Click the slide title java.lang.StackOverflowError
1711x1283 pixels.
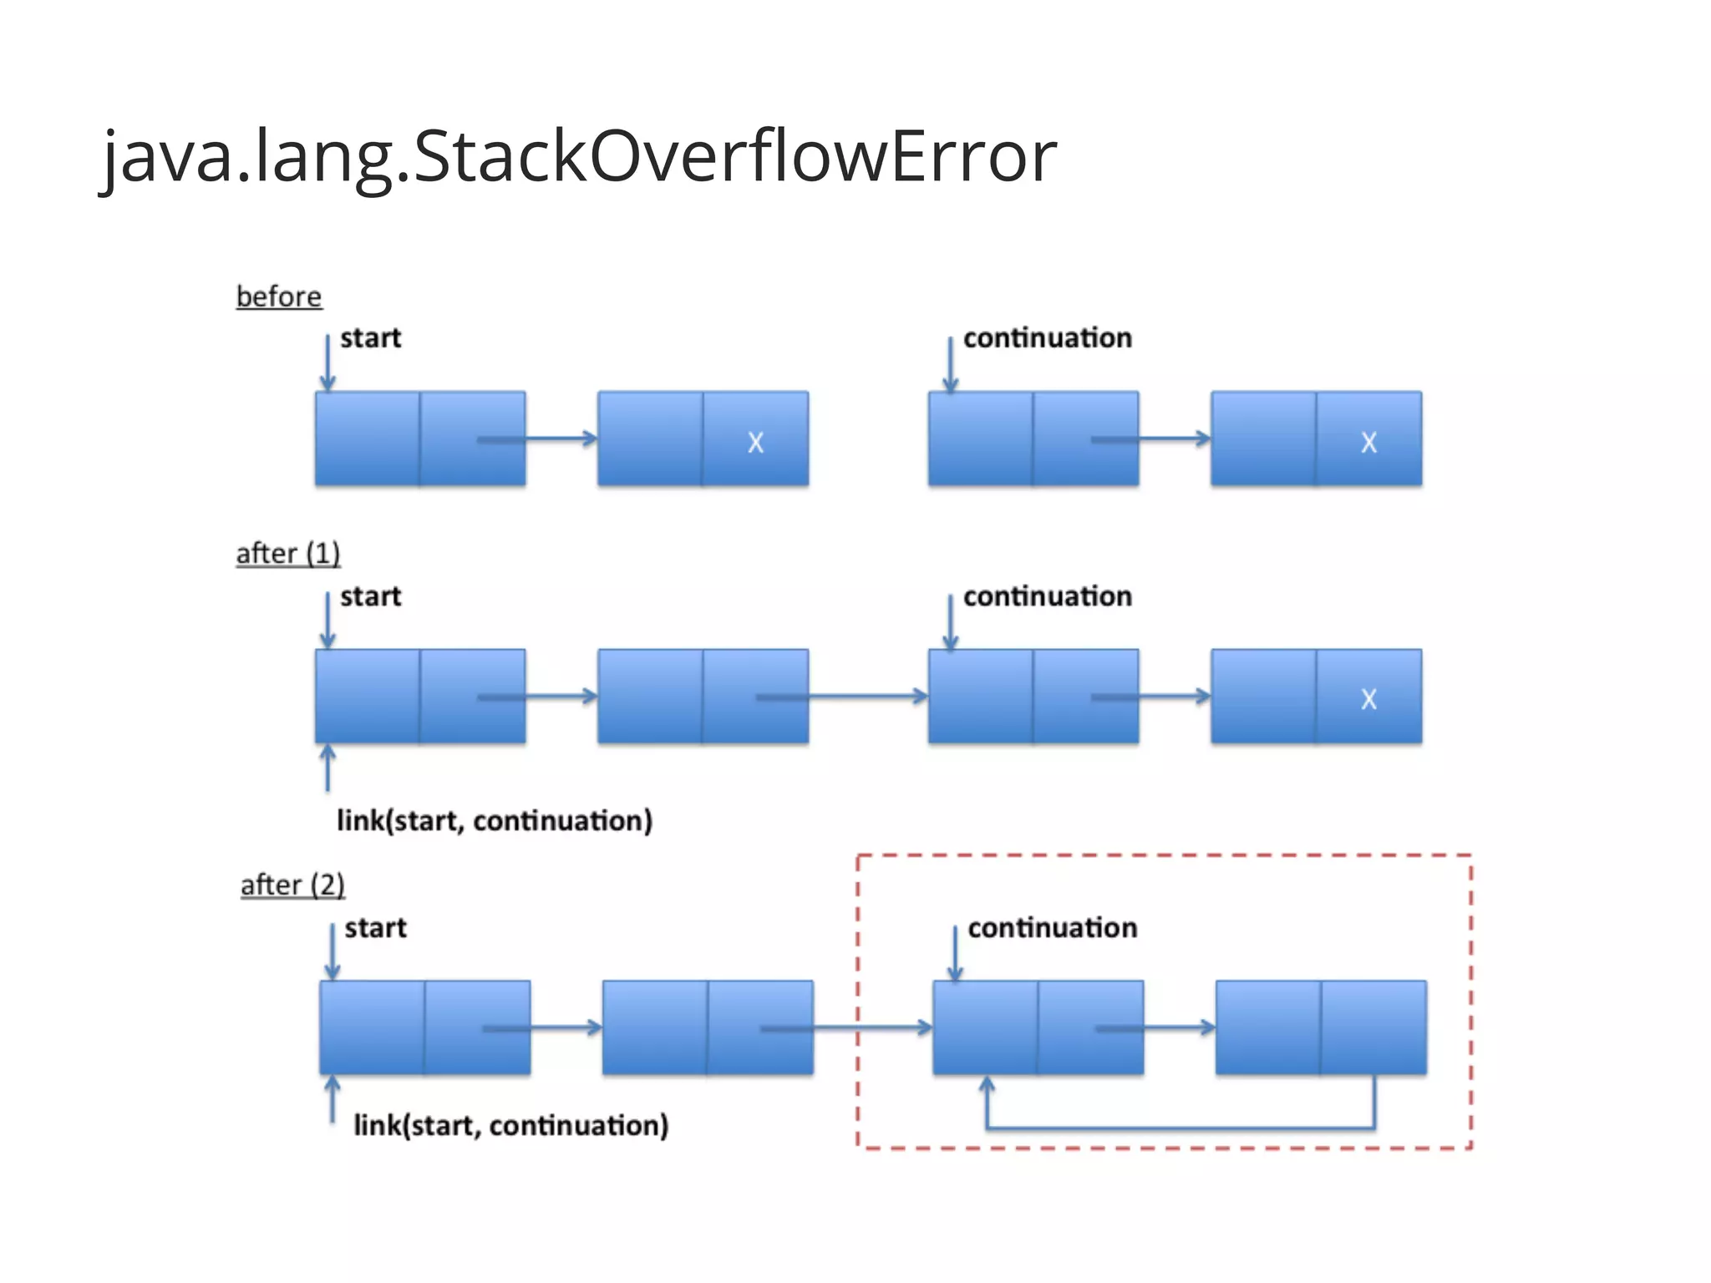point(579,156)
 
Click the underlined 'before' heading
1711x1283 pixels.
point(278,297)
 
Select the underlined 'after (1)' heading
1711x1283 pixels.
point(287,553)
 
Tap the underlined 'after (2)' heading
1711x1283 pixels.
point(292,885)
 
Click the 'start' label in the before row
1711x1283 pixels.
point(370,338)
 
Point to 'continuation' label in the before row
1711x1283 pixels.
point(1047,338)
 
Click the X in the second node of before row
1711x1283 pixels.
point(755,442)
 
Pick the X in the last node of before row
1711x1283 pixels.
point(1368,442)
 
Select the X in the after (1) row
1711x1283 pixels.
point(1368,698)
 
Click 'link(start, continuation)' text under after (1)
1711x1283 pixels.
point(494,820)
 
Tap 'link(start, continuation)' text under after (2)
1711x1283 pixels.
point(510,1125)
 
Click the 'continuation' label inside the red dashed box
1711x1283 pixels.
point(1052,928)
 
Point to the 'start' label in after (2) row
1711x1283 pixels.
point(375,928)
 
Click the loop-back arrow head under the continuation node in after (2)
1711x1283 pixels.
point(987,1085)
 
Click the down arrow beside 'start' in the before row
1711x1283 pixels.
point(327,363)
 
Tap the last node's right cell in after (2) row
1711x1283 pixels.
point(1373,1027)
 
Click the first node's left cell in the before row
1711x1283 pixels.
point(368,439)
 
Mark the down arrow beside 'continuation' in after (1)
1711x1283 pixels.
point(950,621)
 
